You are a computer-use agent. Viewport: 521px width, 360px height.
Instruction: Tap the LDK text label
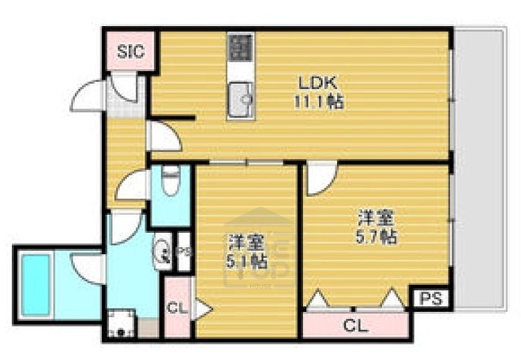pos(313,82)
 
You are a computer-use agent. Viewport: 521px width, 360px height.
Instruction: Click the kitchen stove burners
pos(240,49)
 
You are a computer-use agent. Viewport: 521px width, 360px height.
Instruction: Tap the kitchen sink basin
pos(240,99)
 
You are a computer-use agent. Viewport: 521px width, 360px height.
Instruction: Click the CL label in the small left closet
pos(176,309)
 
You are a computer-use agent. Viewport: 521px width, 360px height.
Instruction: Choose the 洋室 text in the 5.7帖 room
pos(378,218)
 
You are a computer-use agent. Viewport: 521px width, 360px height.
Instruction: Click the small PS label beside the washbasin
pos(184,252)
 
